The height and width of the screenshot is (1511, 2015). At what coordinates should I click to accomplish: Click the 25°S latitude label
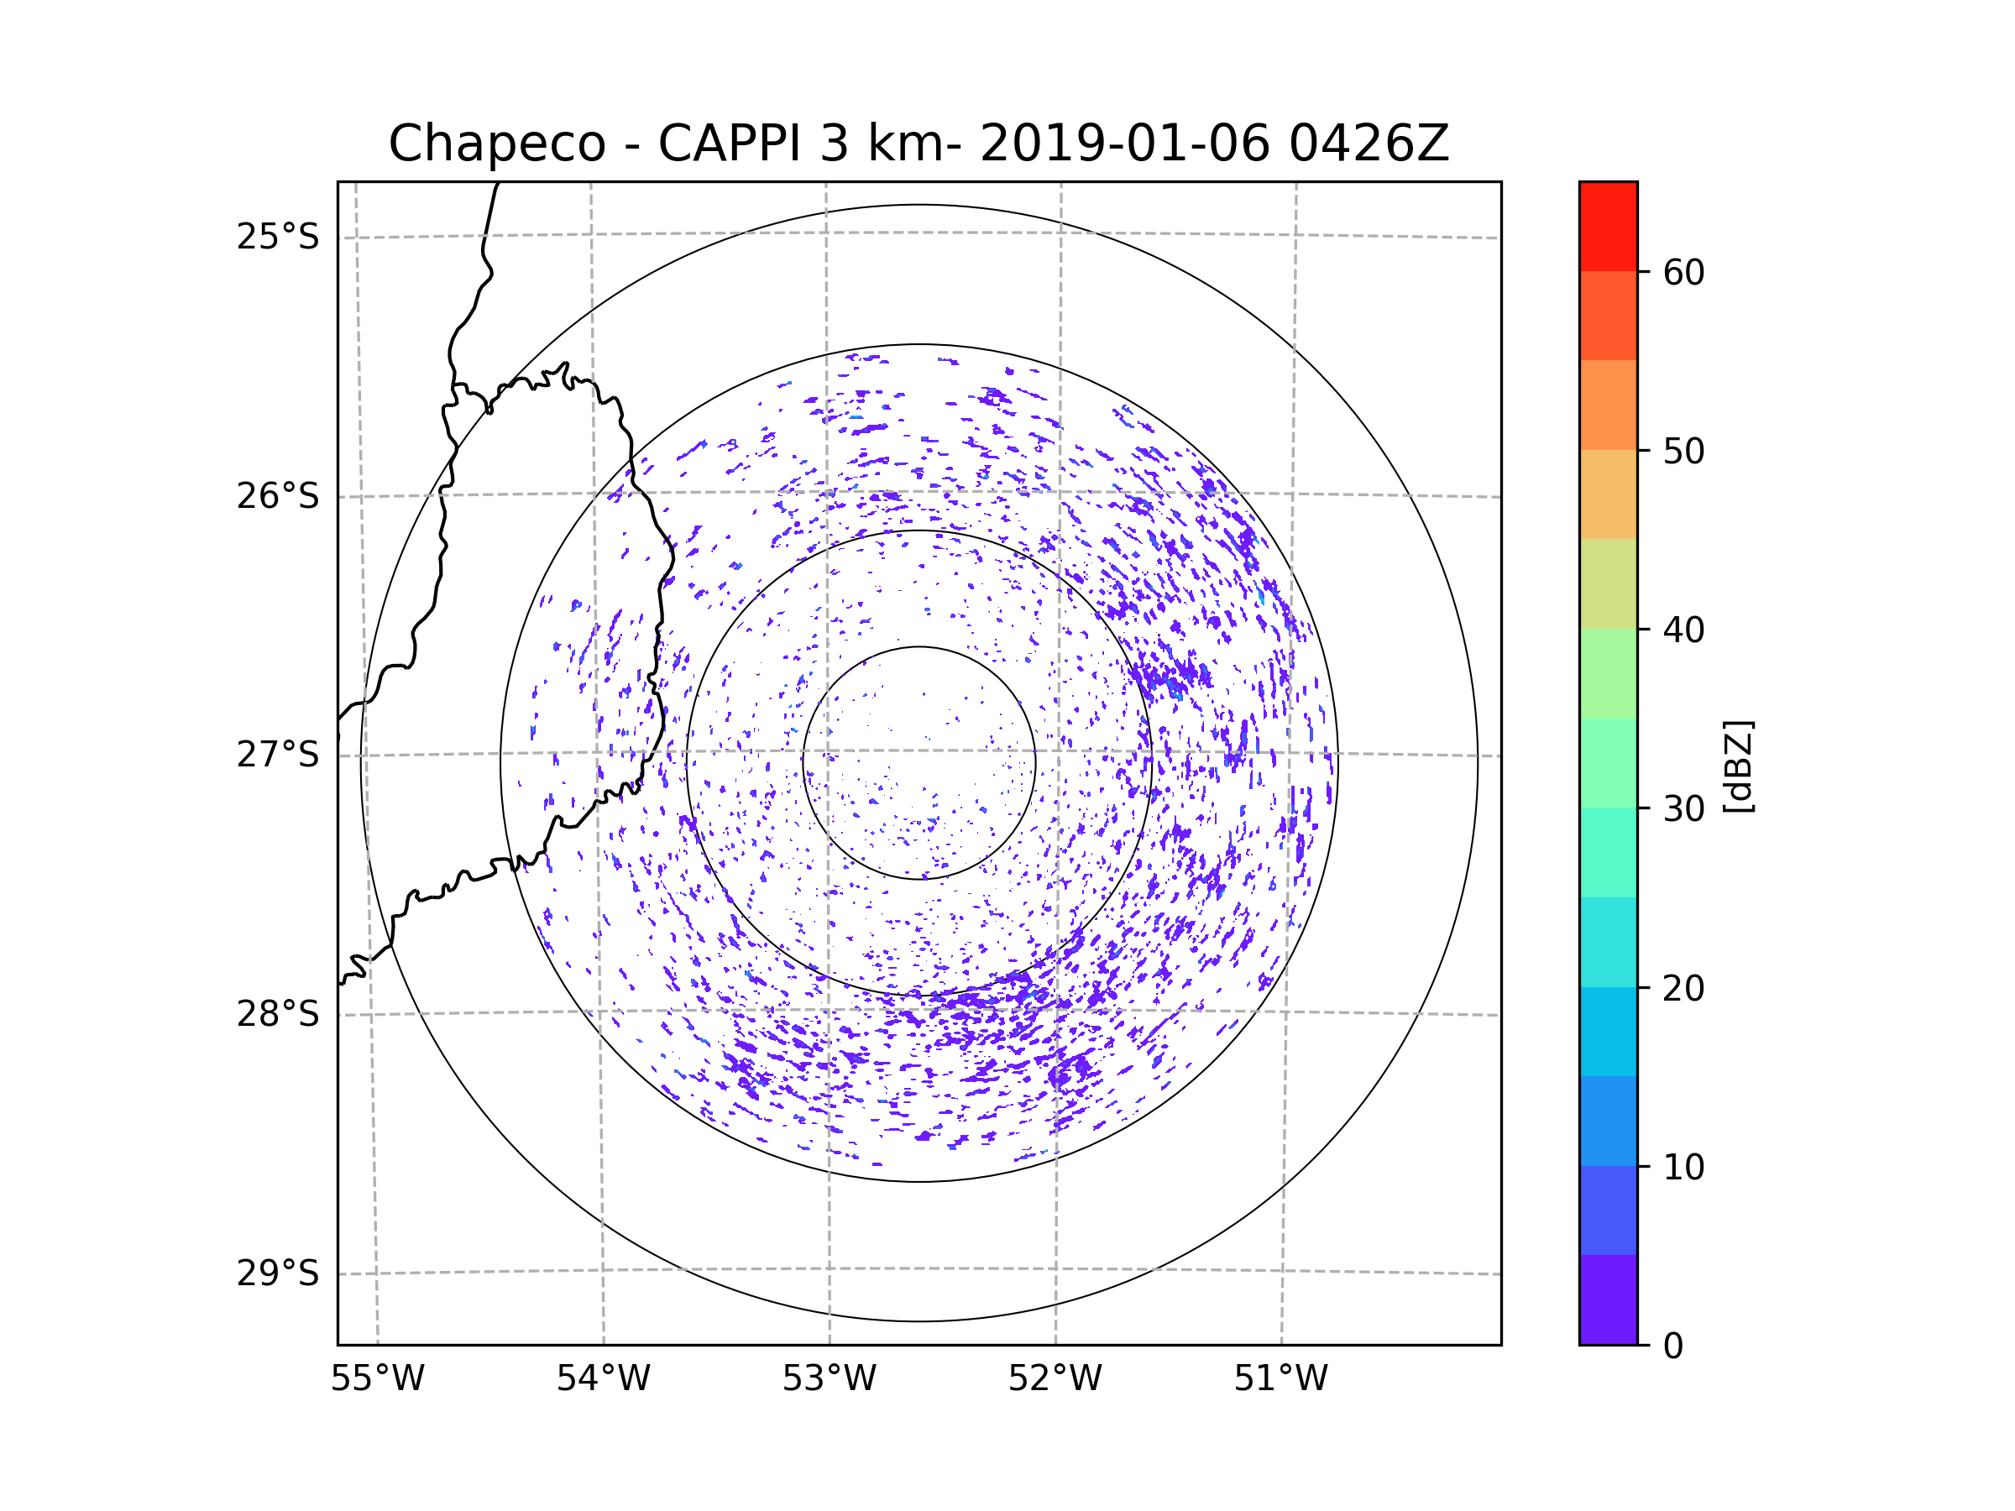tap(278, 237)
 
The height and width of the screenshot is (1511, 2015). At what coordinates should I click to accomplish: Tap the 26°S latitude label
tap(278, 496)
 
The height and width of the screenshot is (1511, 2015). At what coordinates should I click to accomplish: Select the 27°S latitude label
tap(278, 755)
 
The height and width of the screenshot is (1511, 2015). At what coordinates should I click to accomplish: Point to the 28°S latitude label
tap(278, 1014)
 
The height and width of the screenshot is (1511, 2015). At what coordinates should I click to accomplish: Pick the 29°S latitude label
tap(278, 1273)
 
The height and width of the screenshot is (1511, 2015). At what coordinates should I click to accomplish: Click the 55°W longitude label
tap(377, 1379)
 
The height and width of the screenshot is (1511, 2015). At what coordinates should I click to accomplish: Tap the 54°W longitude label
tap(603, 1379)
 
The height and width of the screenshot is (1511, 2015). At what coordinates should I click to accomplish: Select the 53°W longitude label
tap(829, 1379)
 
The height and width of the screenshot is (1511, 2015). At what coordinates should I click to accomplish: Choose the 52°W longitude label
tap(1055, 1379)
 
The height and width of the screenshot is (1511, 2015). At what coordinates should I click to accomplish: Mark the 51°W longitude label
tap(1280, 1379)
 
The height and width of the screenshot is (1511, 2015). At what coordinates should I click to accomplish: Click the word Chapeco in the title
tap(497, 144)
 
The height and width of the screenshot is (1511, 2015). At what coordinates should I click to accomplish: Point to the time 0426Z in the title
tap(1369, 144)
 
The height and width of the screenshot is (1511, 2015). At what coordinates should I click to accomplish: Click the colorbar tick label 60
tap(1683, 272)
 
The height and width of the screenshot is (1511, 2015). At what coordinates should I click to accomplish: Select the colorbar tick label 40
tap(1683, 630)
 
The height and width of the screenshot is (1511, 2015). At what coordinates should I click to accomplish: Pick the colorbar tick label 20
tap(1683, 988)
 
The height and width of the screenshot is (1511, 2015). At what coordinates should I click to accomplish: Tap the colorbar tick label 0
tap(1673, 1346)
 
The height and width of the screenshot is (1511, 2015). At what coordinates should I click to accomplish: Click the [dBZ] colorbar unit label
tap(1738, 766)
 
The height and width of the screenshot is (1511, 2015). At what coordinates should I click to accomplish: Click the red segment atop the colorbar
tap(1608, 226)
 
